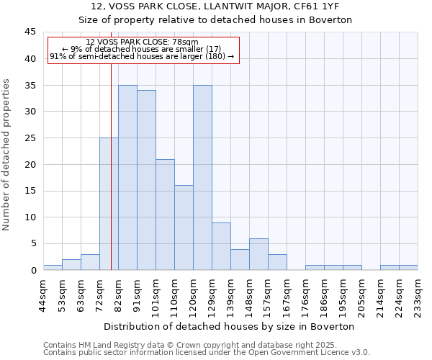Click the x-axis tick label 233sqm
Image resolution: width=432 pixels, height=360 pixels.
pos(418,295)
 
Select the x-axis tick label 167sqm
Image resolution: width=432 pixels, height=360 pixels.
pos(287,295)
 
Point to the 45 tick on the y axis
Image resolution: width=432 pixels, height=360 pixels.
pos(30,32)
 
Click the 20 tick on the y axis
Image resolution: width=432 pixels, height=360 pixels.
pos(30,164)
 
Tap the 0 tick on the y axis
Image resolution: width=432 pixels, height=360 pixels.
pos(33,270)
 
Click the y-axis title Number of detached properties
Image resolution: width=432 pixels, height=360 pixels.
pos(7,155)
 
